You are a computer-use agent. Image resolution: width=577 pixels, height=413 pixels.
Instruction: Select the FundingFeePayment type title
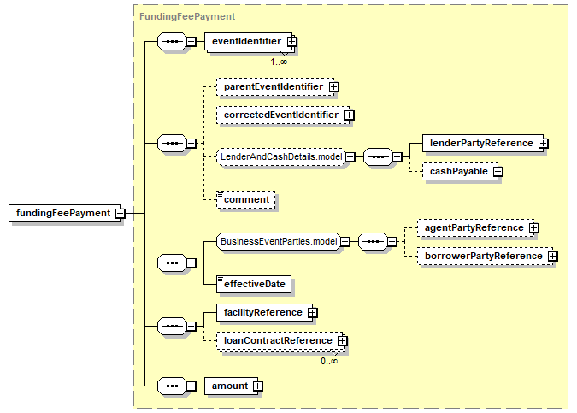[187, 16]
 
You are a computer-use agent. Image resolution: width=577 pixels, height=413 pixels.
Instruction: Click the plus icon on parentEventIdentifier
[333, 87]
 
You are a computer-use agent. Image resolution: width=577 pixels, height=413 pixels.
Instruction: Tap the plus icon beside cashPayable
[498, 172]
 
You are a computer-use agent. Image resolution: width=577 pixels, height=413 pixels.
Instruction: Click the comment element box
[246, 200]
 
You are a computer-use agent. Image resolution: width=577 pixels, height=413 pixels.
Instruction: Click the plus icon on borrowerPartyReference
[552, 257]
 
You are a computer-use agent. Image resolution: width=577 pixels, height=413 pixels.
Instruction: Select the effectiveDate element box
[254, 285]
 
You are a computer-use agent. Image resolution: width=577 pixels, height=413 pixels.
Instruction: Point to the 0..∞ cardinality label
[329, 361]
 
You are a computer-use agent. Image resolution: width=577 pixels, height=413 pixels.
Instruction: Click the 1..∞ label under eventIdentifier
[279, 62]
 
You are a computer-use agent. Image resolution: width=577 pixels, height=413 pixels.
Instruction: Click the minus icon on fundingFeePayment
[120, 214]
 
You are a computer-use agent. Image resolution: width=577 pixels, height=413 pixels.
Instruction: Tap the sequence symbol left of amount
[172, 386]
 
